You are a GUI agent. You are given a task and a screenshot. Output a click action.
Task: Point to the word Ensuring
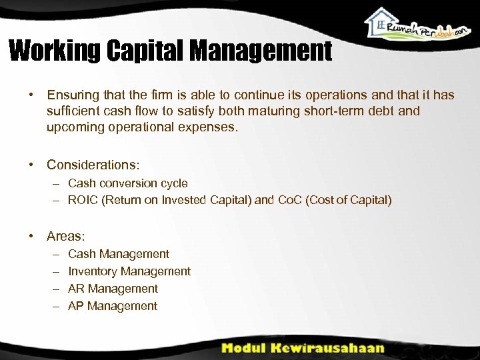[x=72, y=95]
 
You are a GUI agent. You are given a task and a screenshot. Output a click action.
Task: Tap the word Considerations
[x=92, y=164]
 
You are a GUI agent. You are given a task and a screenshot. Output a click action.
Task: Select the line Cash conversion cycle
[x=128, y=183]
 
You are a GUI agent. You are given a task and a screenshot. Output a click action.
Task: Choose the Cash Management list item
[x=119, y=254]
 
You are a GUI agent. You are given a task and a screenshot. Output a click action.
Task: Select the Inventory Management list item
[x=129, y=271]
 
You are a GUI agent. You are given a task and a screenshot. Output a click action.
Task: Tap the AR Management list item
[x=113, y=289]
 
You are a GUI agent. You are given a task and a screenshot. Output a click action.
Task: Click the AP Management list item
[x=113, y=306]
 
